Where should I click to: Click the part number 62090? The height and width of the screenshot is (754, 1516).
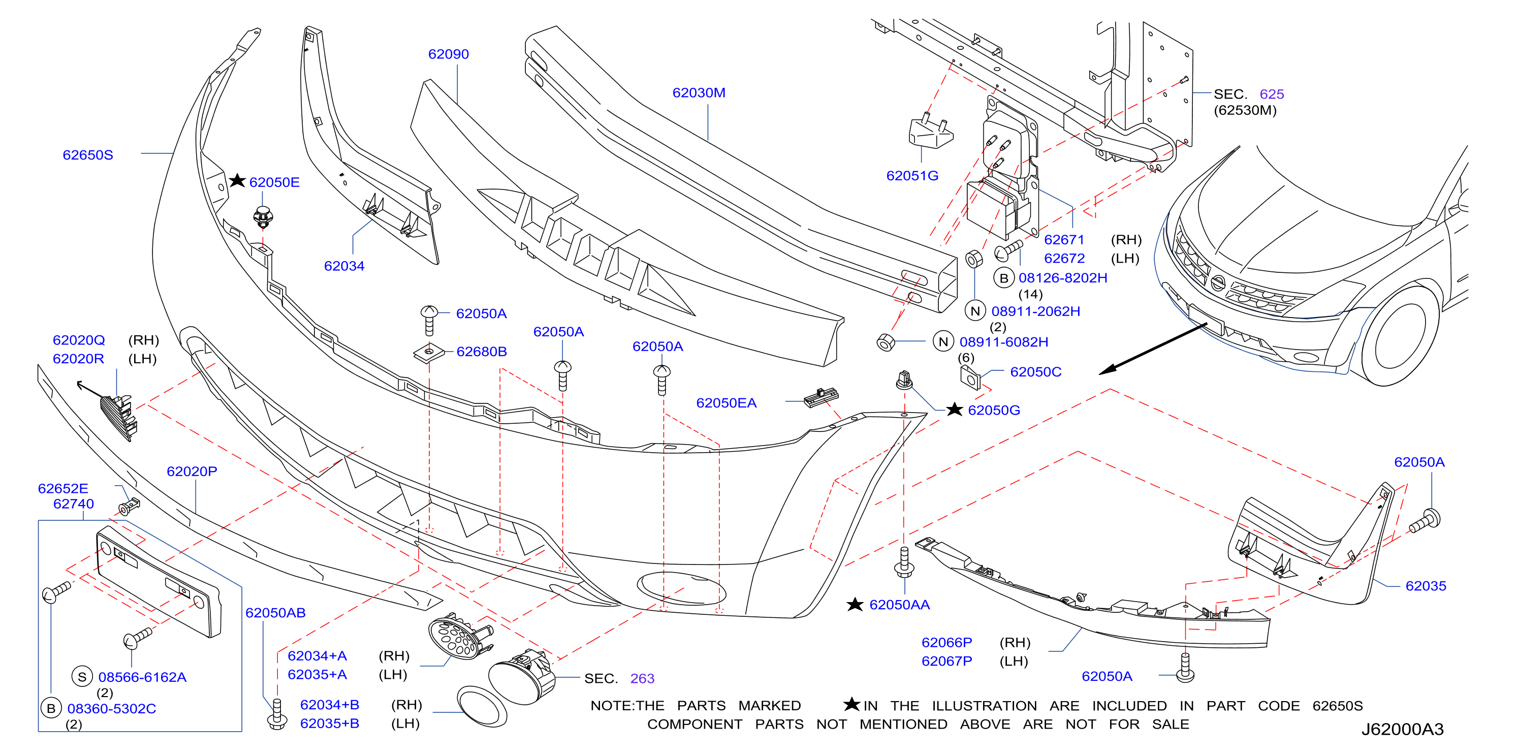click(x=449, y=54)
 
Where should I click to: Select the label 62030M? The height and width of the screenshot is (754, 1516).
click(x=699, y=92)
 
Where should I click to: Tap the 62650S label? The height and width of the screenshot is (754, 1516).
click(x=88, y=155)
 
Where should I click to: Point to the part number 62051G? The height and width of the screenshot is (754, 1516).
click(x=912, y=175)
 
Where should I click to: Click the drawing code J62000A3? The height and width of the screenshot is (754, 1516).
click(x=1402, y=729)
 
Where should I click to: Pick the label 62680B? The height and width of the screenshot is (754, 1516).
click(x=482, y=352)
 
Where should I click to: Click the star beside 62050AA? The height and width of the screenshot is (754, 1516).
click(x=855, y=604)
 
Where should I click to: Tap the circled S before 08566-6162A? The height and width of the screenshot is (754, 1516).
click(x=82, y=677)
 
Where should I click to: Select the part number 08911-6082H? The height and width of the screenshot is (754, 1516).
click(x=1004, y=342)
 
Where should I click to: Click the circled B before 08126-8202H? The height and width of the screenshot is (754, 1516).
click(x=1004, y=278)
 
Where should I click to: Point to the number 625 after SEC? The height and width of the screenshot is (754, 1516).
click(x=1272, y=94)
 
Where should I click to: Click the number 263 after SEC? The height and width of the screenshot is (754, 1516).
click(x=642, y=679)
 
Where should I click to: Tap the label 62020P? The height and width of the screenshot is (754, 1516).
click(x=192, y=472)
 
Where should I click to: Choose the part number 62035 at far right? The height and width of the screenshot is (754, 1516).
click(x=1426, y=586)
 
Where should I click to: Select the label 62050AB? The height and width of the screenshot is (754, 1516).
click(x=275, y=613)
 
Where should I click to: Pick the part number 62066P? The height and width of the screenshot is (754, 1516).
click(x=947, y=642)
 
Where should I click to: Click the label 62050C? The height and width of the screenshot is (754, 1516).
click(x=1036, y=372)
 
